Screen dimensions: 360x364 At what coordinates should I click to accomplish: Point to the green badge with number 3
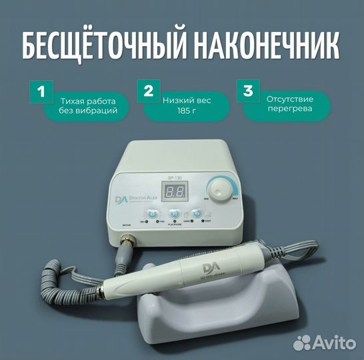click(x=247, y=92)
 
